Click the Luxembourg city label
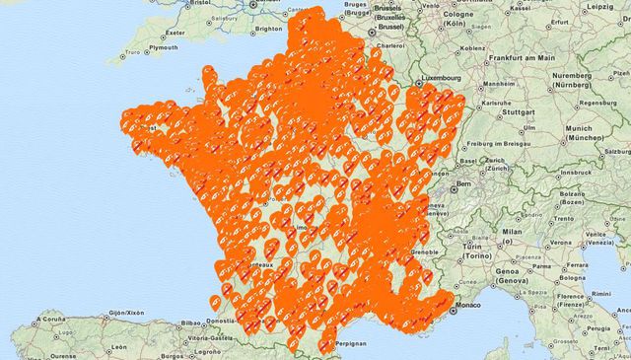point(440,77)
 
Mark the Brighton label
point(268,30)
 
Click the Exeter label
point(175,32)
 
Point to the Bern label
point(462,184)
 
